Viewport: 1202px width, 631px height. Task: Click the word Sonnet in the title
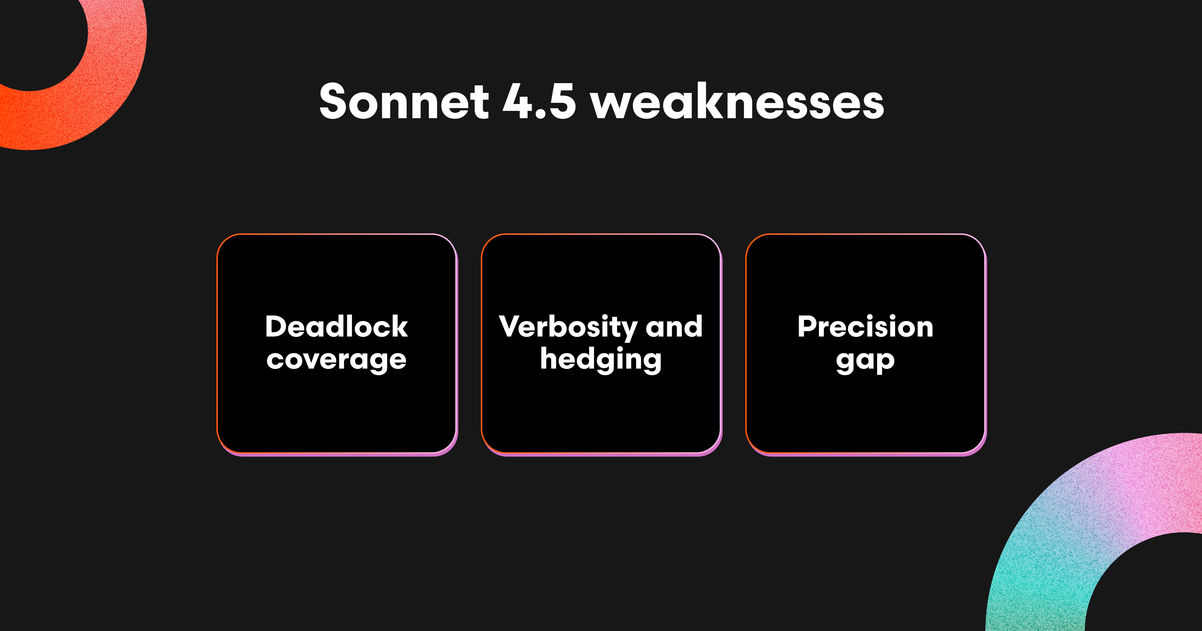(x=404, y=101)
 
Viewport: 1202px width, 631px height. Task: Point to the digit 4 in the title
(x=517, y=101)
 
